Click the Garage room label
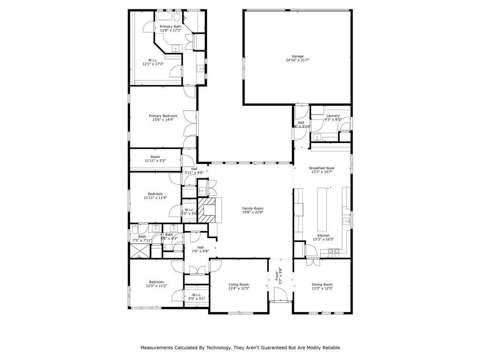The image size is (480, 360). click(297, 56)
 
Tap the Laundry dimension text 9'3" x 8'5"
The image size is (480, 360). click(333, 120)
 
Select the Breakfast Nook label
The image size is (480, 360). click(322, 168)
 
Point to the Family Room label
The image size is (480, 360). click(253, 208)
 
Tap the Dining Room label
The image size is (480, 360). click(322, 284)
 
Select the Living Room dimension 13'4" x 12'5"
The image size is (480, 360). click(239, 289)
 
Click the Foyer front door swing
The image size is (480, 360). click(280, 295)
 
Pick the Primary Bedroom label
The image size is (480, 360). click(163, 116)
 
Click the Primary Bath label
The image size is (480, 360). click(170, 27)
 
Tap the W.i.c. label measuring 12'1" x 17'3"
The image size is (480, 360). click(153, 60)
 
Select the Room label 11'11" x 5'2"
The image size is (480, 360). click(155, 157)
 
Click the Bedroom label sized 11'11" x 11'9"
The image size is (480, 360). click(155, 194)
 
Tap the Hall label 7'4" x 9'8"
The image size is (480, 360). click(200, 247)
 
